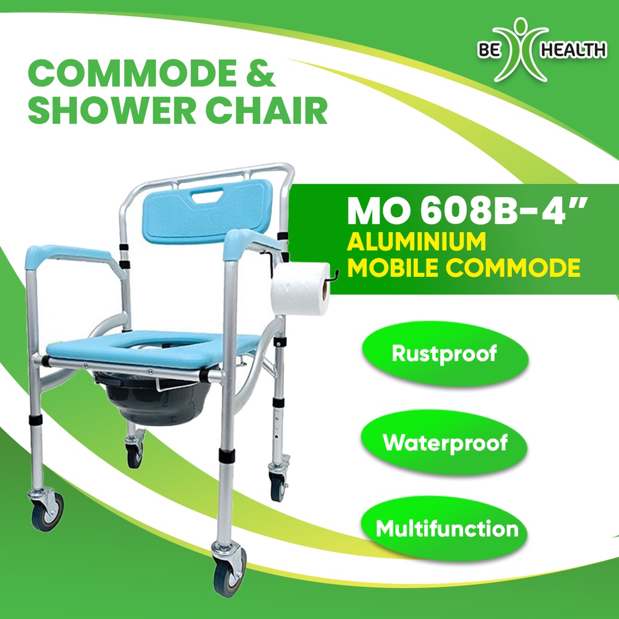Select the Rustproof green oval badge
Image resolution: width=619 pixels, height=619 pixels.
444,353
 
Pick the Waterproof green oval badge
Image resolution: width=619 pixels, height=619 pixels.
444,443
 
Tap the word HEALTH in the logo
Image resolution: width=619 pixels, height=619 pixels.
572,50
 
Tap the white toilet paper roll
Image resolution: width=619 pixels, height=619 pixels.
299,288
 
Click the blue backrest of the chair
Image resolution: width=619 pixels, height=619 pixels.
206,212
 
